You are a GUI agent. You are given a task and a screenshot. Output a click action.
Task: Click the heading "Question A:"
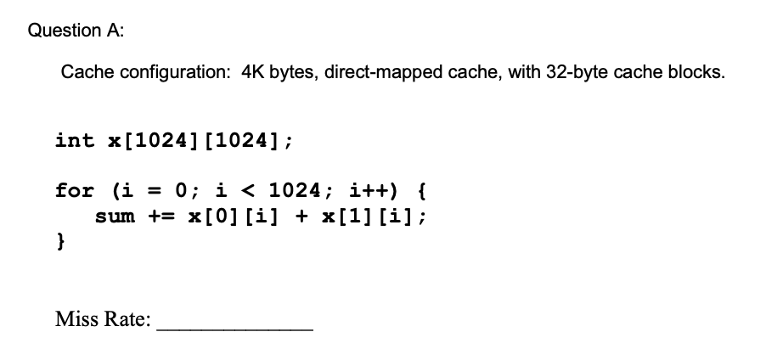tap(76, 31)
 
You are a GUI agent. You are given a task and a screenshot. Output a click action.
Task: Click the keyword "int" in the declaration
tap(75, 140)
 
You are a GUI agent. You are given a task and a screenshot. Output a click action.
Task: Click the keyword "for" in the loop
tap(75, 190)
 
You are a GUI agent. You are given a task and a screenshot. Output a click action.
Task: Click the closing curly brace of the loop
tap(60, 242)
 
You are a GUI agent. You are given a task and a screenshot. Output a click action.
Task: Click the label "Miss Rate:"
tap(103, 320)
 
